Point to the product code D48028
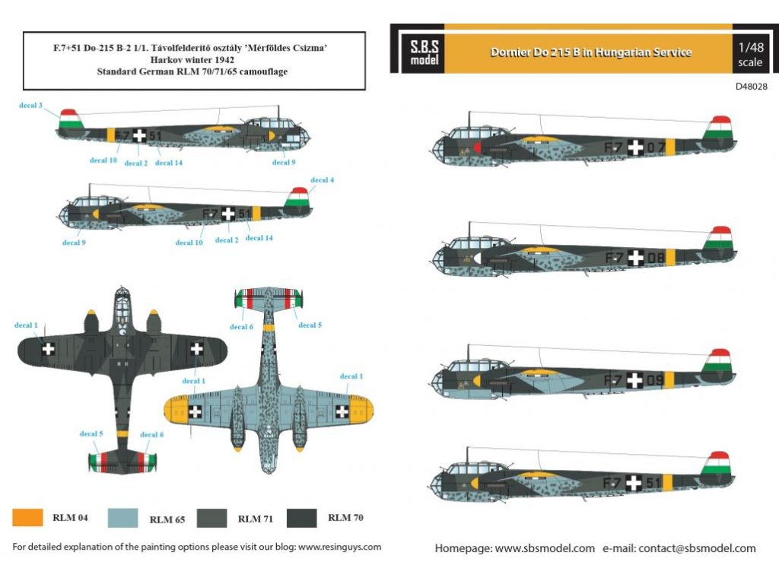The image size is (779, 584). point(751,87)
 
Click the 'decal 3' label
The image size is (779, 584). point(31,105)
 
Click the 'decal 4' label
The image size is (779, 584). point(323,180)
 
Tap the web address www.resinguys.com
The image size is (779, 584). point(340,547)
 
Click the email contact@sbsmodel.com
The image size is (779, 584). point(697,548)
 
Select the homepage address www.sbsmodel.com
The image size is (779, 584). point(545,548)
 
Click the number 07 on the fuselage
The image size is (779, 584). point(657,147)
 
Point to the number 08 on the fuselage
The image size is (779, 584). point(656,259)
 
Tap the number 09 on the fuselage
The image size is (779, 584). point(656,379)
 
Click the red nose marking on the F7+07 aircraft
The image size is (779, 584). point(476,147)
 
